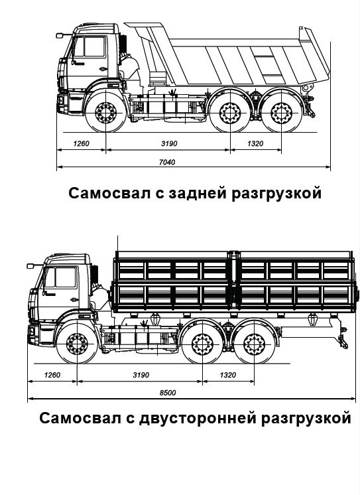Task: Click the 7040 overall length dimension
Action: pos(167,162)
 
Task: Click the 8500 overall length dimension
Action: pos(168,393)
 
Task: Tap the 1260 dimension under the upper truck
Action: pos(81,143)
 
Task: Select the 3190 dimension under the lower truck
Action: pos(141,375)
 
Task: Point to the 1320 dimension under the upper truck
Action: pos(255,143)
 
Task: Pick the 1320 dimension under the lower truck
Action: pos(227,375)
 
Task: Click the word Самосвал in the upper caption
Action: pos(109,193)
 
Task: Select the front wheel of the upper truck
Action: pos(105,113)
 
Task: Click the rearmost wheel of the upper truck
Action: pos(281,113)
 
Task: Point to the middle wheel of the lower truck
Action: pos(202,344)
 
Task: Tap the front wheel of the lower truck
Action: pos(77,344)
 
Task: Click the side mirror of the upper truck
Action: pos(59,36)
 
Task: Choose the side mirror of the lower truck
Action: pos(30,266)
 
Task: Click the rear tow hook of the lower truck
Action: pos(343,342)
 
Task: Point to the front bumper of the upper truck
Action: pos(62,104)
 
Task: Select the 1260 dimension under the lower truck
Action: pos(52,375)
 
